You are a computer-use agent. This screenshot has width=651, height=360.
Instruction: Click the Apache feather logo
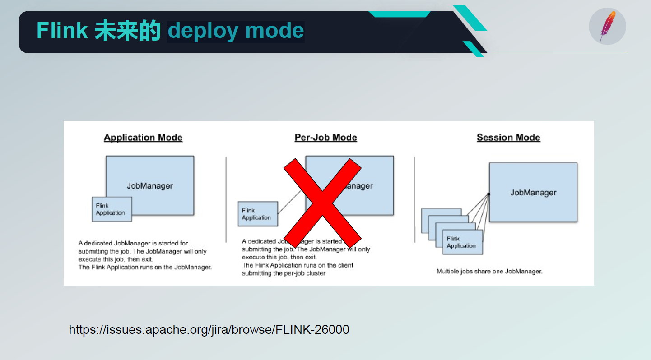point(607,26)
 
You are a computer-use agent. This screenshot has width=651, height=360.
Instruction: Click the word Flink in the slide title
point(62,31)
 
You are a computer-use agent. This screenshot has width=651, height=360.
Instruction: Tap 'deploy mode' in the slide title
point(236,31)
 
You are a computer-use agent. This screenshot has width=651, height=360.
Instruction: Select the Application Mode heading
point(143,138)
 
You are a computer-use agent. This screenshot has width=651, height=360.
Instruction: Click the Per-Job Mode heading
point(325,138)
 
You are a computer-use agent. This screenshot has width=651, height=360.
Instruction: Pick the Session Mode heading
point(508,138)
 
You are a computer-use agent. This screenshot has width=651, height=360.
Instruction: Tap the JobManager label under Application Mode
point(150,185)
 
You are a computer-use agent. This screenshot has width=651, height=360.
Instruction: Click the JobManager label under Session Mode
point(533,193)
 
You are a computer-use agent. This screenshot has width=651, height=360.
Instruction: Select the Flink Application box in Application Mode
point(112,209)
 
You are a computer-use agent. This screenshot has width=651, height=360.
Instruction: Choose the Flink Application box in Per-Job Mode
point(258,214)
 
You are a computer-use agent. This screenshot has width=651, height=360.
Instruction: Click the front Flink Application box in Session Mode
point(462,242)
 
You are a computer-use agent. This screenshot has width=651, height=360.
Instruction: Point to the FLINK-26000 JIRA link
point(209,329)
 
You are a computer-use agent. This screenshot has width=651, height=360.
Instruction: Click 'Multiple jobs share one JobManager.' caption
point(489,272)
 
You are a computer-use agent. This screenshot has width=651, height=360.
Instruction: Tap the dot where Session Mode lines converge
point(488,194)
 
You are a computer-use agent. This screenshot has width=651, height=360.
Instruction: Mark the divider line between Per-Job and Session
point(415,199)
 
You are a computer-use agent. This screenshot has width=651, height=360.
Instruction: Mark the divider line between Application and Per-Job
point(226,199)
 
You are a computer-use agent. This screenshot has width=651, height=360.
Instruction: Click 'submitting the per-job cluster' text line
point(284,273)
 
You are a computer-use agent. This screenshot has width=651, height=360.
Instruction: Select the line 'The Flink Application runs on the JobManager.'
point(145,267)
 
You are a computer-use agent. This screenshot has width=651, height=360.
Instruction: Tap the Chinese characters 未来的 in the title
point(127,31)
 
